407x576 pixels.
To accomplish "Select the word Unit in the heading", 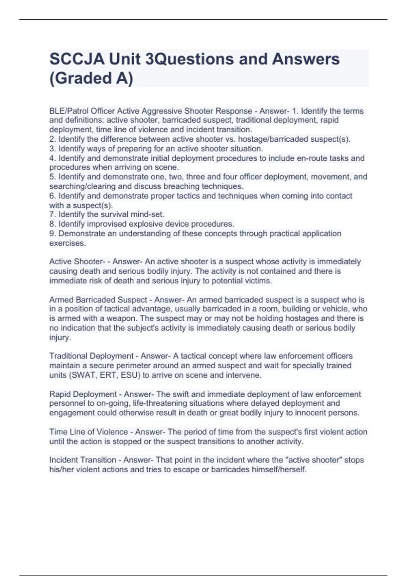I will (123, 59).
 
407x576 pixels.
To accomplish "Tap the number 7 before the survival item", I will (52, 214).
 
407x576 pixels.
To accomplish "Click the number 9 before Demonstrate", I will (52, 233).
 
